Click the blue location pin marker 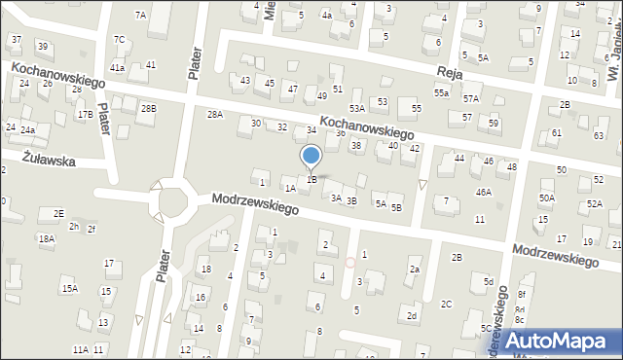311,156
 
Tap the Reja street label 450,74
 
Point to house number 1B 311,179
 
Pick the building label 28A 215,115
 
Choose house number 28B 148,108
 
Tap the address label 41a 117,67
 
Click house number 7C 119,39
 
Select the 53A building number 357,108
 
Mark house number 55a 442,92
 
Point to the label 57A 471,99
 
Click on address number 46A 483,193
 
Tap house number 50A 547,198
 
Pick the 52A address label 595,204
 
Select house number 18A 46,238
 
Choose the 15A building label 69,289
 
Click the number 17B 86,114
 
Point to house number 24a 28,130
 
